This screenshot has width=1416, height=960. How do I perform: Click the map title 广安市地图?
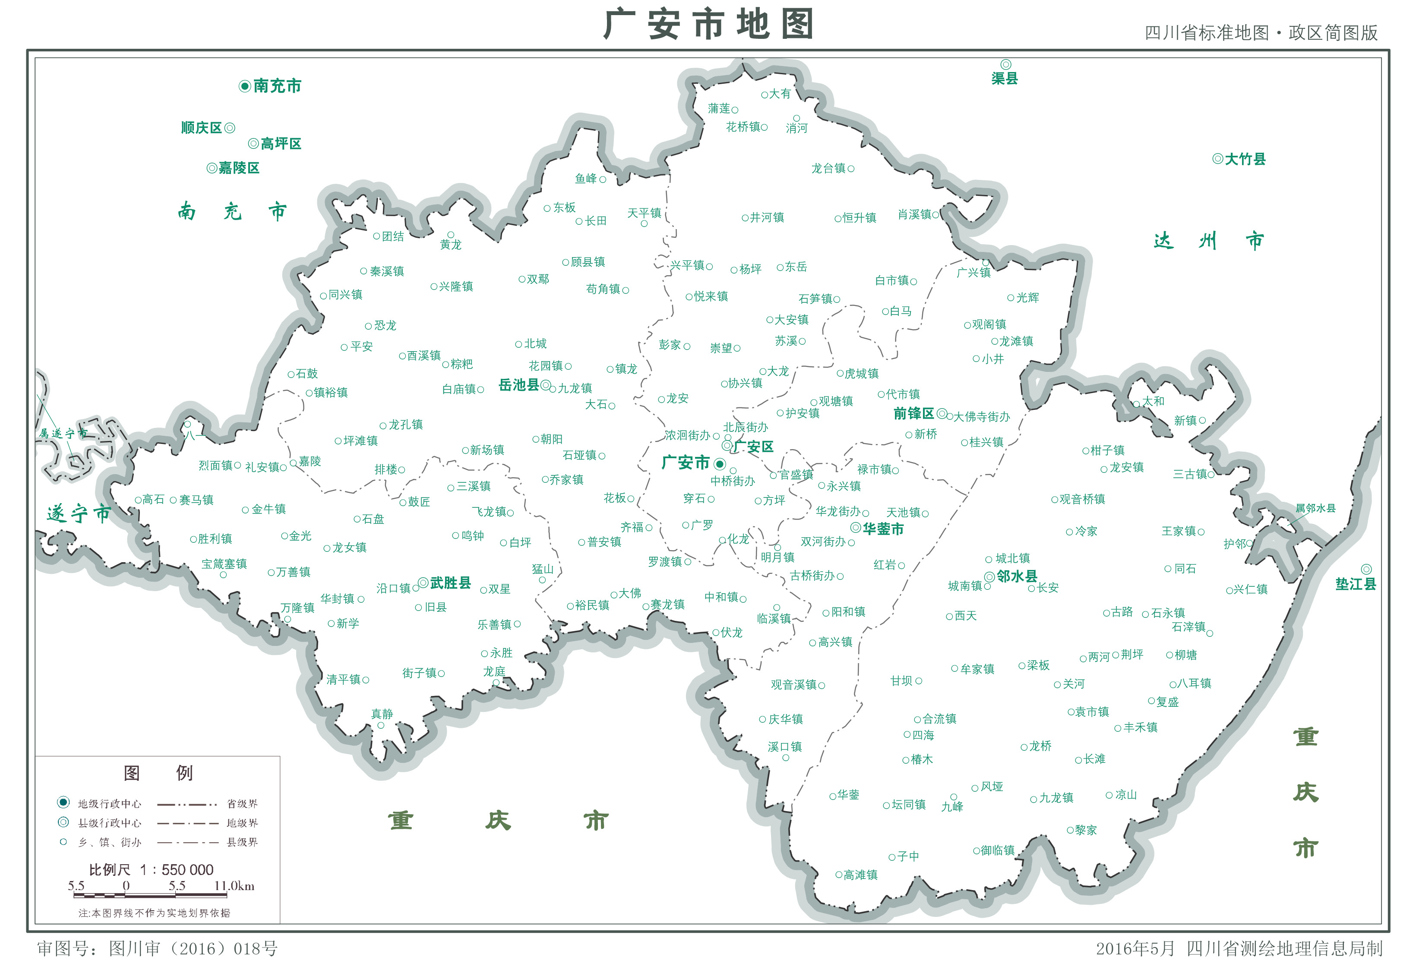[x=708, y=24]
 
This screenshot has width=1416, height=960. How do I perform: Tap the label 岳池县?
[x=518, y=385]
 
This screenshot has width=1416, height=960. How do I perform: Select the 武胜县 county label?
[x=450, y=583]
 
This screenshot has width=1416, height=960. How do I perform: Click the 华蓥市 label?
[x=883, y=529]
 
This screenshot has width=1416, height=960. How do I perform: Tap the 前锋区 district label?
[x=913, y=414]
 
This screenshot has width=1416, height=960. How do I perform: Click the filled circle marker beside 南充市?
[x=245, y=86]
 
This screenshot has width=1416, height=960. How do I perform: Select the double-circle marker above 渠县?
[x=1005, y=65]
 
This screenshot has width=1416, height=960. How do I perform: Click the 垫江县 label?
[x=1355, y=584]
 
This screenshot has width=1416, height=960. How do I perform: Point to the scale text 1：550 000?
[x=177, y=870]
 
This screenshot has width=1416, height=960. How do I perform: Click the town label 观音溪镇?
[x=793, y=685]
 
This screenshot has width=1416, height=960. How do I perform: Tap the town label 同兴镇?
[x=345, y=295]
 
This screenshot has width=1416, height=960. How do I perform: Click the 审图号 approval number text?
[x=157, y=948]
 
